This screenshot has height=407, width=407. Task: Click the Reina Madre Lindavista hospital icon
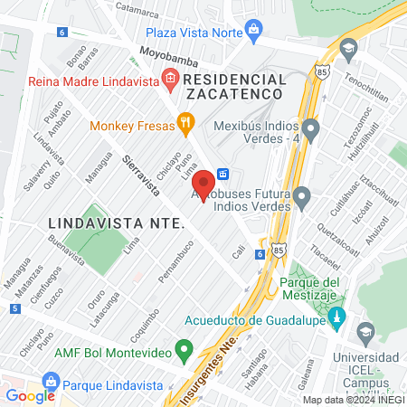click(x=169, y=80)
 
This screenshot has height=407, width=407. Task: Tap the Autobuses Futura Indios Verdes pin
click(x=302, y=196)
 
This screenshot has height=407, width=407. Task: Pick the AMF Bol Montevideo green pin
click(x=185, y=348)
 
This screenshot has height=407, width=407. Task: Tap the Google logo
click(x=30, y=395)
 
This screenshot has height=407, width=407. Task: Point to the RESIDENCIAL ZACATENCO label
click(x=234, y=87)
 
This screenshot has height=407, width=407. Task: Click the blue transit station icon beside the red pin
click(x=222, y=175)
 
